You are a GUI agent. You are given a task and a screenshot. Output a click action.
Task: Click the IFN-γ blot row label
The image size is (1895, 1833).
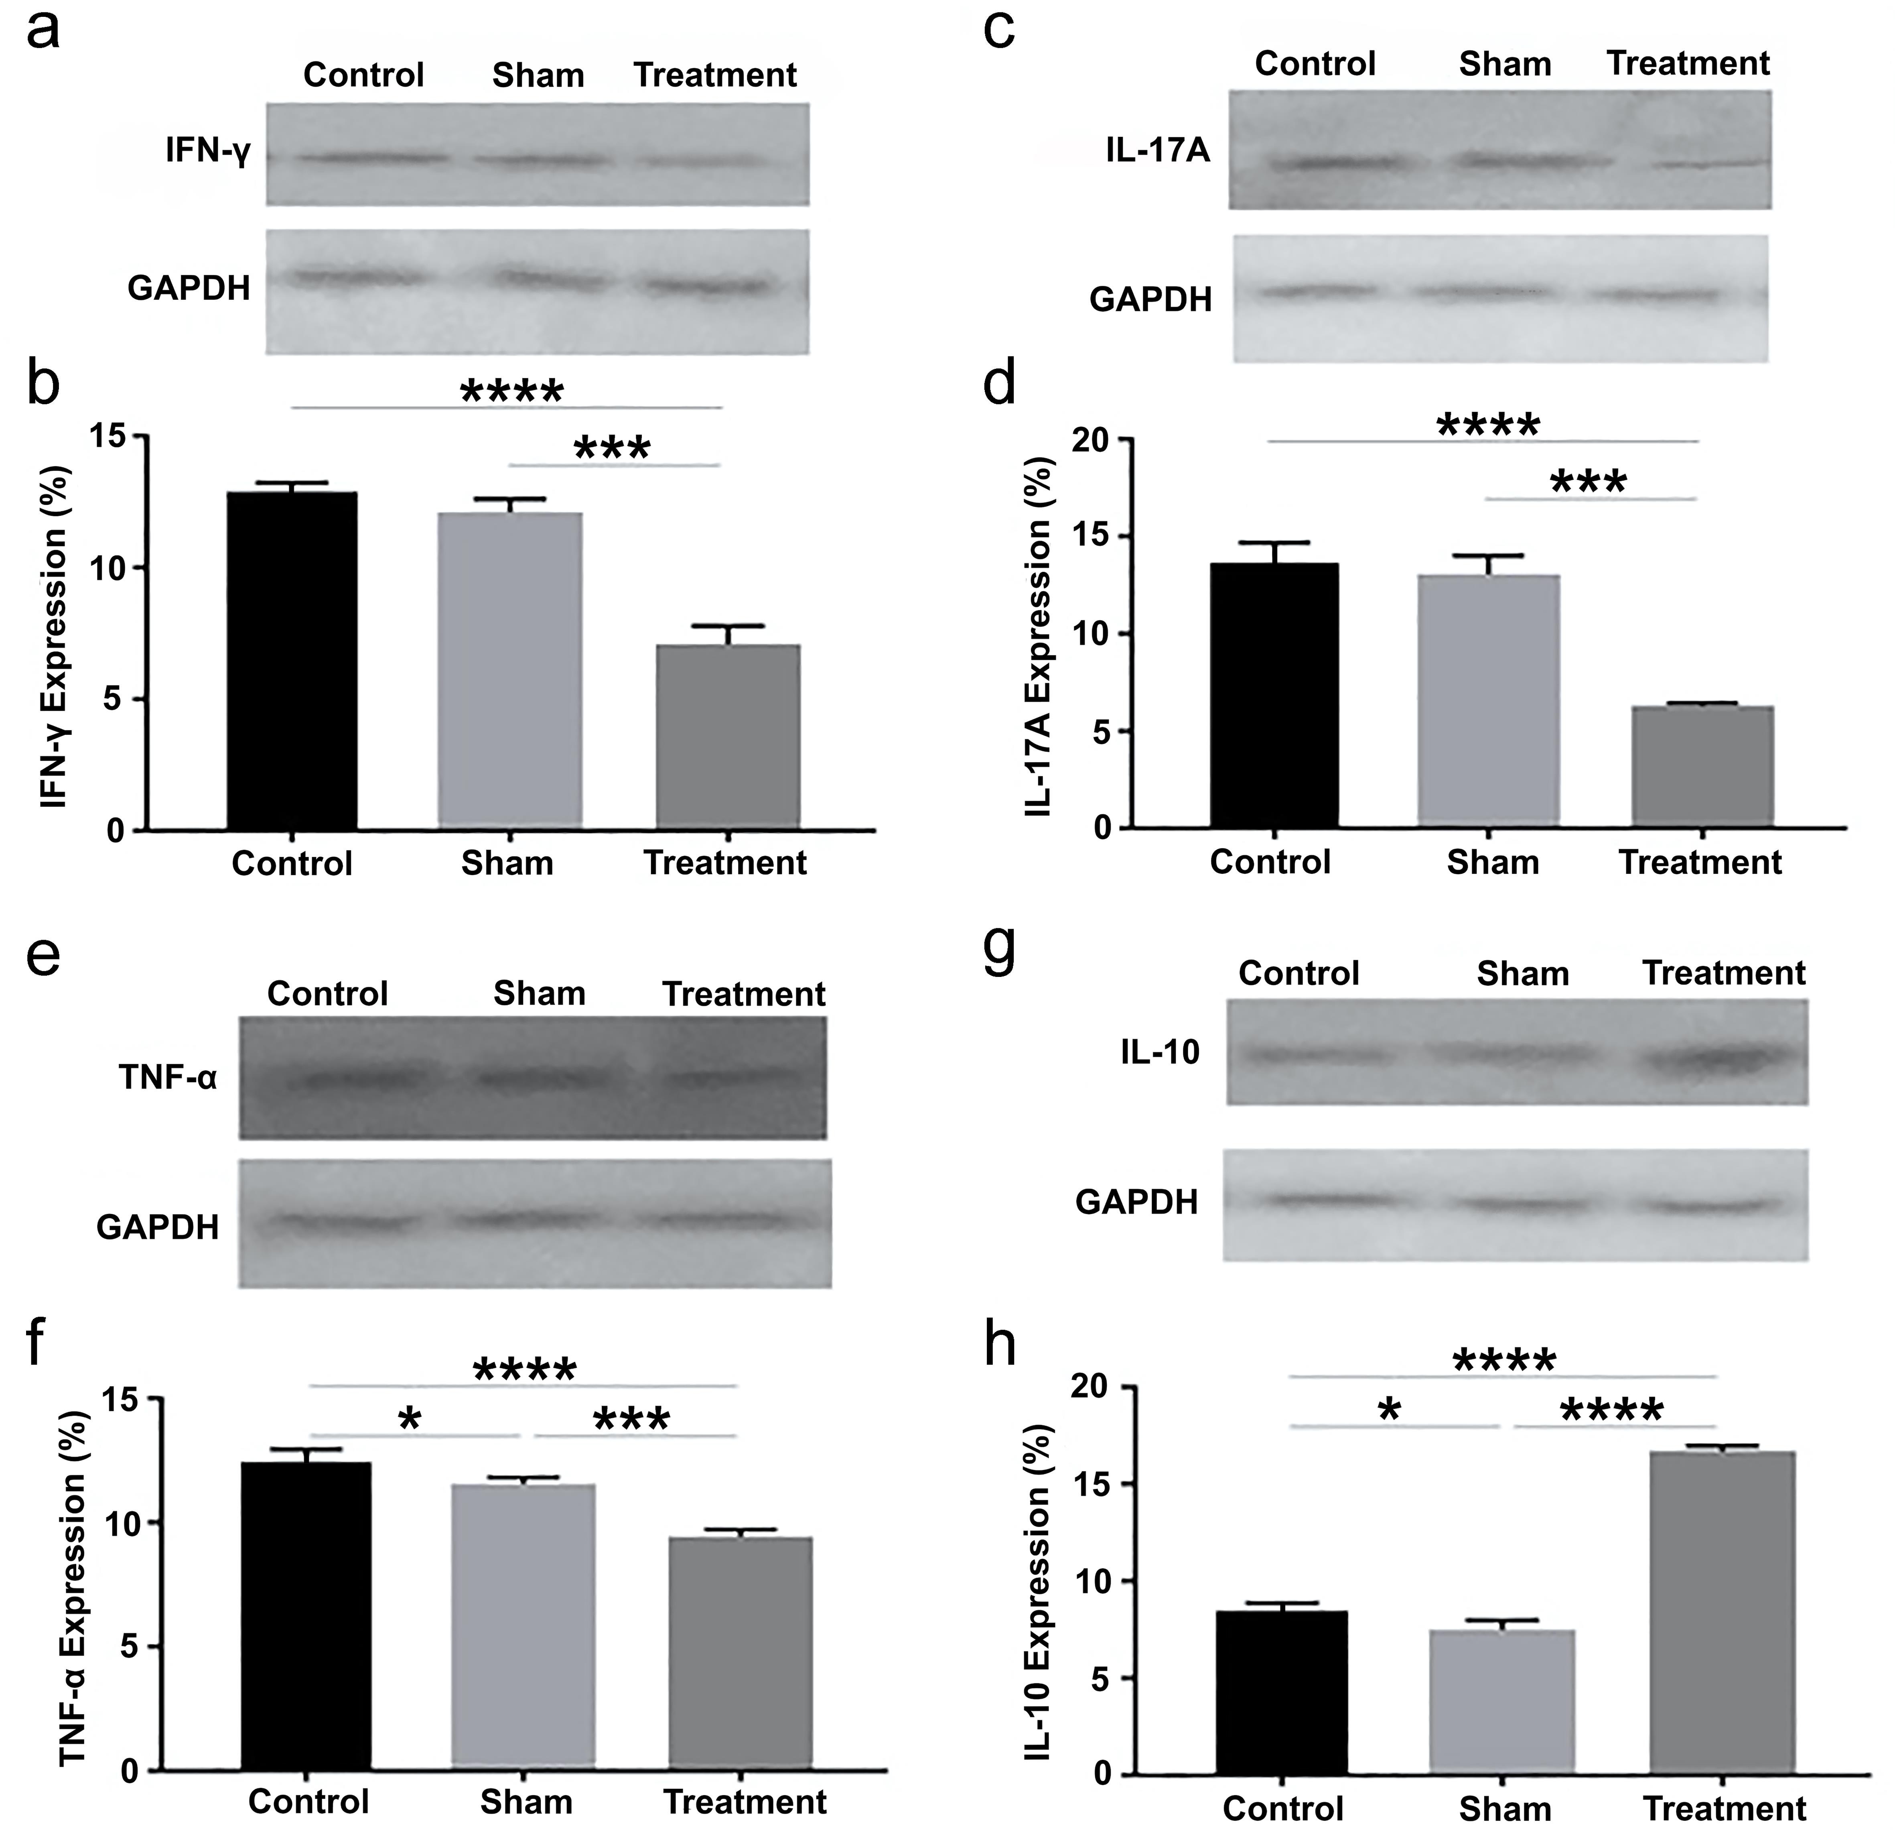(x=208, y=152)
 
